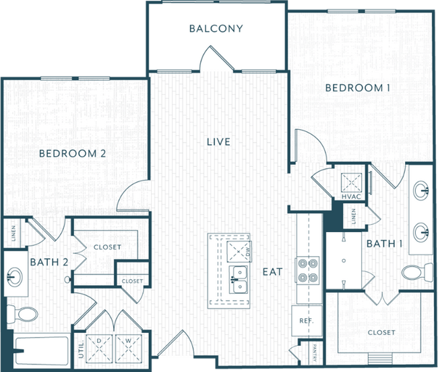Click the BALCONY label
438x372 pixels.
(x=216, y=29)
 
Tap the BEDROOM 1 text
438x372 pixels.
(x=358, y=88)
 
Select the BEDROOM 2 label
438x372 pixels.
(x=72, y=153)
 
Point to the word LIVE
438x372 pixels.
(x=218, y=142)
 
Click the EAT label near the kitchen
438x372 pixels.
(x=272, y=272)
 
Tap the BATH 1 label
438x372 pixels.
(x=384, y=244)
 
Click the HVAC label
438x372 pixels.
(x=351, y=197)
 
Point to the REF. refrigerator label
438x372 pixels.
(x=306, y=320)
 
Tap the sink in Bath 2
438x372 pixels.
(x=16, y=276)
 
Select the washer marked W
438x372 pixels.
(x=128, y=348)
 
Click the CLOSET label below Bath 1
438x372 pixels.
(x=381, y=332)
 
